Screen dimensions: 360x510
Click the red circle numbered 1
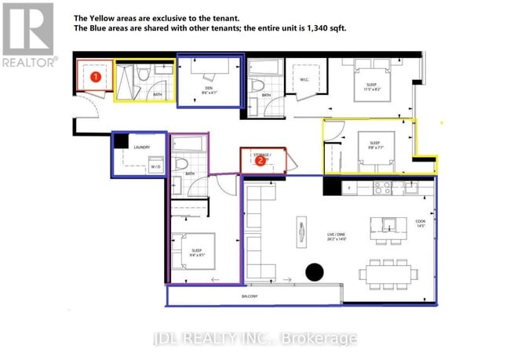95,77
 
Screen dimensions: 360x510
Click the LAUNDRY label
142,147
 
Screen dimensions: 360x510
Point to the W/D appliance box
156,166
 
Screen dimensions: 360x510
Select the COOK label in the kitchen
420,222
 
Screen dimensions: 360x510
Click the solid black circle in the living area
314,272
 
